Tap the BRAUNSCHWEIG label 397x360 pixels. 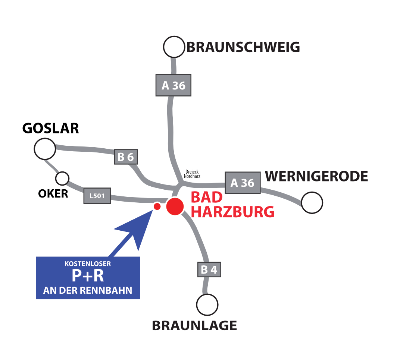tap(243, 47)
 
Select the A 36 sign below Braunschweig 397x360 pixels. tap(174, 85)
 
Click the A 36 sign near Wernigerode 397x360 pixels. tap(243, 183)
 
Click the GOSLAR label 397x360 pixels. tap(51, 128)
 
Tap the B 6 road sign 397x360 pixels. tap(126, 157)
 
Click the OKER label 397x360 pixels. tap(53, 194)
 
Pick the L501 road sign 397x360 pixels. tap(97, 196)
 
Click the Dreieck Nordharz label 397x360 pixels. tap(192, 174)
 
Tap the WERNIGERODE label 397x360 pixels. tap(316, 176)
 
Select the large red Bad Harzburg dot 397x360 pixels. tap(175, 206)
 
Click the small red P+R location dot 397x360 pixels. tap(157, 206)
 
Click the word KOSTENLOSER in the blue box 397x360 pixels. tap(88, 264)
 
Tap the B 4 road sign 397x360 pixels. tap(209, 269)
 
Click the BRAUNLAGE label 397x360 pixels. tap(194, 326)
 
